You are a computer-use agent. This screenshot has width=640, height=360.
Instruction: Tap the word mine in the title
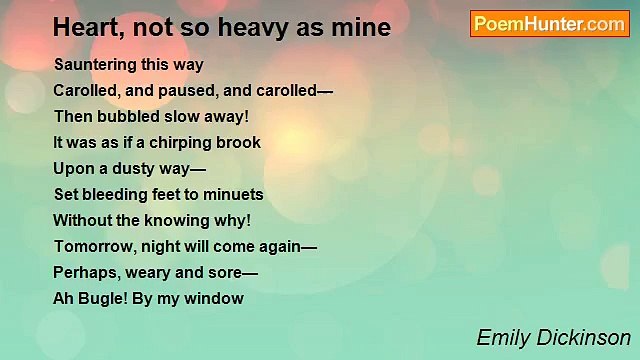(361, 28)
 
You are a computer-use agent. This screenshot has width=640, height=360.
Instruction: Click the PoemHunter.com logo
(550, 24)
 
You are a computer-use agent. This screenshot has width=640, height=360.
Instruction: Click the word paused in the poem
(184, 91)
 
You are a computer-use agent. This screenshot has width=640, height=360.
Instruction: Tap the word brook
(240, 143)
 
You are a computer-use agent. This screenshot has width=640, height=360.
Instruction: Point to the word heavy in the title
(271, 28)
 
